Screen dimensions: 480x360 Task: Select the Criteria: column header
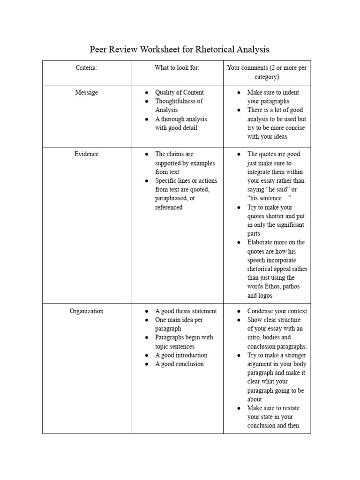tap(87, 68)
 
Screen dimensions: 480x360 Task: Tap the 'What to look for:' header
tap(177, 68)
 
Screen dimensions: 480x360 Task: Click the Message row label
tap(87, 92)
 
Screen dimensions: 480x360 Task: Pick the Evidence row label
tap(87, 154)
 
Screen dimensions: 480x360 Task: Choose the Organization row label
tap(87, 311)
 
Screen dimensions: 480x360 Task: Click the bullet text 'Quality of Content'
tap(180, 92)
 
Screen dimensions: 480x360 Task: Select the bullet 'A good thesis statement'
tap(186, 311)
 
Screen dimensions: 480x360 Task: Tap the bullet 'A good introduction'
tap(181, 355)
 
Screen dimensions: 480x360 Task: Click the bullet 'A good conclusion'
tap(180, 364)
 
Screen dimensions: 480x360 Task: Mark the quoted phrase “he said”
tap(276, 189)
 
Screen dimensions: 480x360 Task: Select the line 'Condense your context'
tap(277, 311)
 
